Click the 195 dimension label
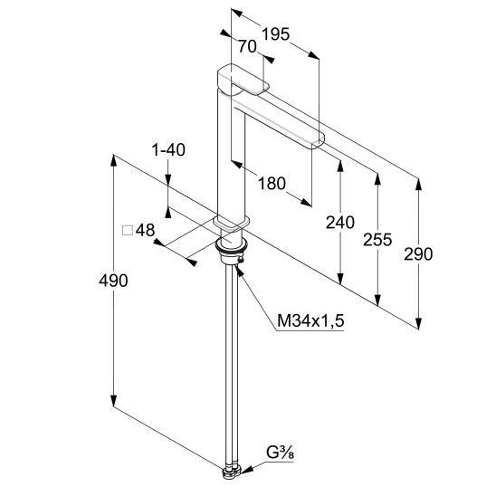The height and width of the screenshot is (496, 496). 276,34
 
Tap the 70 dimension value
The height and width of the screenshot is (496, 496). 247,47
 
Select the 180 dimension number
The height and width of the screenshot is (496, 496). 272,184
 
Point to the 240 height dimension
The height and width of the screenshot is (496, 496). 340,222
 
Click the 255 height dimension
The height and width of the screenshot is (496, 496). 377,240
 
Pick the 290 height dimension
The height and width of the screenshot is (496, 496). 418,254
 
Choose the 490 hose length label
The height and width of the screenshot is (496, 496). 113,281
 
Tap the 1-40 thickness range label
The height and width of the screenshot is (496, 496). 168,150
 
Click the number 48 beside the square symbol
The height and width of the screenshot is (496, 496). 145,230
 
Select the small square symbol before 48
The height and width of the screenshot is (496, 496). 128,231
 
